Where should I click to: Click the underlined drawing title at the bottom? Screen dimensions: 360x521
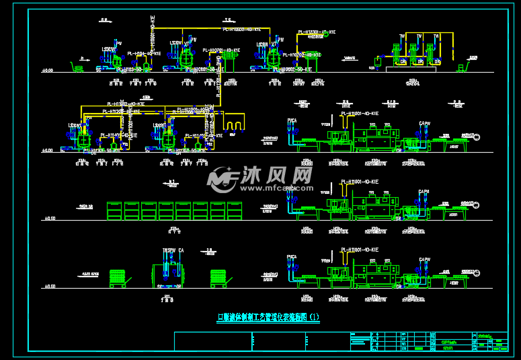click(268, 317)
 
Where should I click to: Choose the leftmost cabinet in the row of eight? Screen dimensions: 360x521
click(114, 211)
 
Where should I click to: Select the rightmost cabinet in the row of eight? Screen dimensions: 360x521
click(235, 211)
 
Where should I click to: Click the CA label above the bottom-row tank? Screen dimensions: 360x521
click(181, 250)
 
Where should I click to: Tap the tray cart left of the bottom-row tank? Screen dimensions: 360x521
click(118, 279)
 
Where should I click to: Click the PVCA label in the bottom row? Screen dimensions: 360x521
click(292, 257)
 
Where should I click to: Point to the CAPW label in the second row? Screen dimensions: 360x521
click(424, 123)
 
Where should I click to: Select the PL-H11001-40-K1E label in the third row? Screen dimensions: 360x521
click(360, 182)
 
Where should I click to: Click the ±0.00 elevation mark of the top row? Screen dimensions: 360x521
click(48, 70)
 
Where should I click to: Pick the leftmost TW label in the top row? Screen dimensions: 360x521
click(402, 36)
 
